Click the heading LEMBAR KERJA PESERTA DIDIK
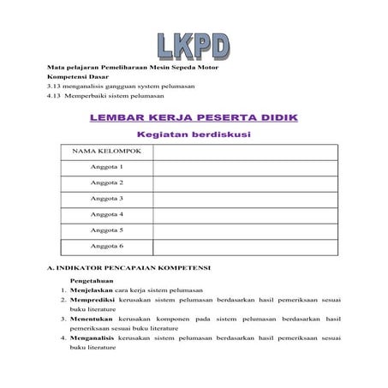(x=194, y=116)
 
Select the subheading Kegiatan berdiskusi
(x=194, y=134)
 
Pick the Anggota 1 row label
(x=107, y=166)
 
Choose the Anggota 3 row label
(x=107, y=198)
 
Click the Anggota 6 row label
(x=107, y=246)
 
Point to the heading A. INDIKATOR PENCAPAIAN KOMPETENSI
(x=129, y=267)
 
